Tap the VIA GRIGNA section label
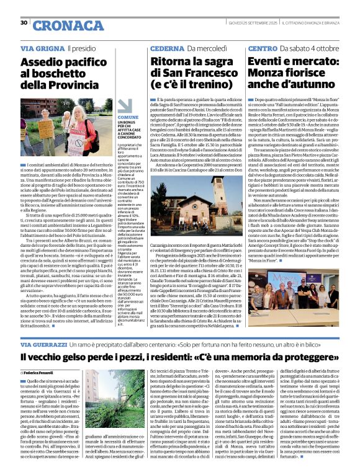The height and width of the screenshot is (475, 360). [x=41, y=48]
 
